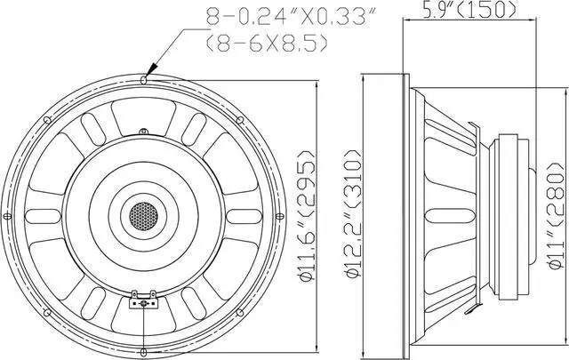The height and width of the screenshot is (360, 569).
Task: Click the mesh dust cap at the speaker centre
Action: point(143,215)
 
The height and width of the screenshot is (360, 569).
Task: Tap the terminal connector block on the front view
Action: point(143,302)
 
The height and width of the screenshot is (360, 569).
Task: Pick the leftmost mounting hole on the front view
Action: point(7,215)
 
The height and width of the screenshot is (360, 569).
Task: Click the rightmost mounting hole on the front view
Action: point(279,215)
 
